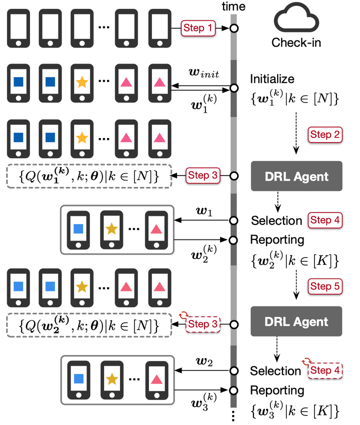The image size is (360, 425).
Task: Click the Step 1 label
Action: [x=198, y=28]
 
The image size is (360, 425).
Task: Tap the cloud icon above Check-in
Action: [x=296, y=21]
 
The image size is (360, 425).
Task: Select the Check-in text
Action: [x=296, y=43]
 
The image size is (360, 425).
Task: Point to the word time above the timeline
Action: [x=234, y=6]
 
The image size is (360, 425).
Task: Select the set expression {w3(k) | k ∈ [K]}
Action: [x=295, y=411]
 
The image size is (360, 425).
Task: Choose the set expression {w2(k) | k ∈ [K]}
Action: [x=295, y=261]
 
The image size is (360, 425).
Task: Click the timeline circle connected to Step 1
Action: [x=233, y=28]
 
